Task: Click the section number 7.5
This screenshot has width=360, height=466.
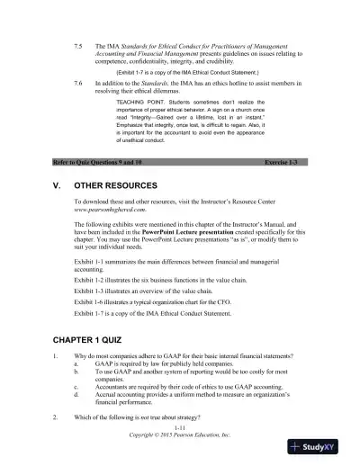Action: [x=79, y=43]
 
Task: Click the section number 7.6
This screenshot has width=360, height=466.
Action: [x=79, y=81]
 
